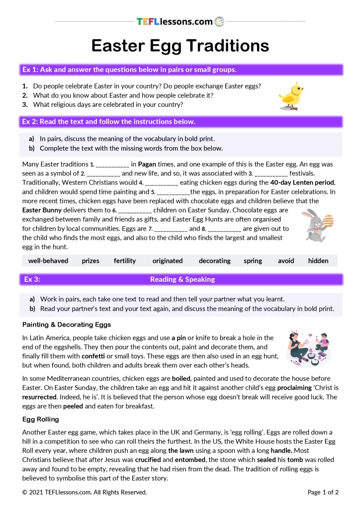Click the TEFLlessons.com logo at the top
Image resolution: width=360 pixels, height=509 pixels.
[x=180, y=21]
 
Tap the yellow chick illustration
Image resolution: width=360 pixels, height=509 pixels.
[x=291, y=96]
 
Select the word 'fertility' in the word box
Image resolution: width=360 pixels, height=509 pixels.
[x=124, y=260]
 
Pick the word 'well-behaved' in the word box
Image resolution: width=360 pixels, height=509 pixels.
[x=48, y=260]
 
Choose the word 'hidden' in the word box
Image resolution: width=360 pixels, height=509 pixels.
[x=318, y=260]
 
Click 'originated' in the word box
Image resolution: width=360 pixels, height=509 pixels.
[x=168, y=260]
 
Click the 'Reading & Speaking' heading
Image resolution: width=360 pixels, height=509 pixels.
[x=182, y=279]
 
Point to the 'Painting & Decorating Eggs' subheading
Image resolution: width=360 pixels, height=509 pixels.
[x=67, y=325]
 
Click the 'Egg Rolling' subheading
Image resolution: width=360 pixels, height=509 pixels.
[x=41, y=419]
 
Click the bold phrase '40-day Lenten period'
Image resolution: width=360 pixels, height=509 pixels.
[x=302, y=182]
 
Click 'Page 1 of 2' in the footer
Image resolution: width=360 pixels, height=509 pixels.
[x=323, y=492]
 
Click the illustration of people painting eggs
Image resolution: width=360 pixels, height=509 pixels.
[x=309, y=348]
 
